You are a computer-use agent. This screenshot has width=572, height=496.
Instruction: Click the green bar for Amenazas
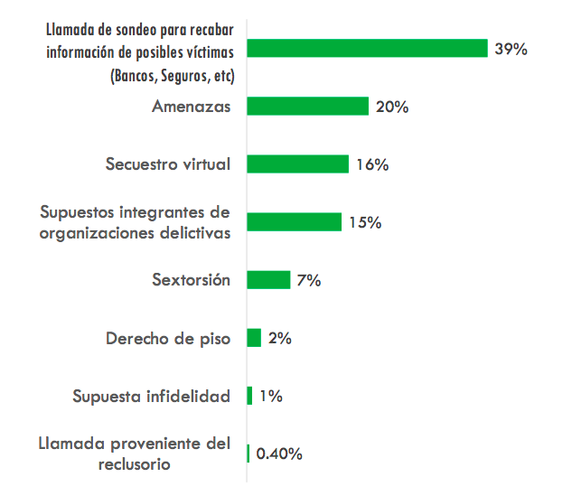click(307, 107)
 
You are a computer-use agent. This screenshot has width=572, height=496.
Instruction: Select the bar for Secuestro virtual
click(297, 164)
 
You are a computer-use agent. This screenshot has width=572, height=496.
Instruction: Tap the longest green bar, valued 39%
click(367, 49)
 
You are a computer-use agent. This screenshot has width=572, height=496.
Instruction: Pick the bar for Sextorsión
click(268, 280)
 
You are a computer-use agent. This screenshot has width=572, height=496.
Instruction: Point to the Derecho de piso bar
click(254, 338)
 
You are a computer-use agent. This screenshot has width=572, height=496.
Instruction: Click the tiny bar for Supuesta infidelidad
click(249, 396)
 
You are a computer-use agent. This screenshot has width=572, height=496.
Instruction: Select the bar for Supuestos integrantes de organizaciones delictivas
click(294, 222)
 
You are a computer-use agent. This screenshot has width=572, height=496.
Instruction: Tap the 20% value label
click(392, 107)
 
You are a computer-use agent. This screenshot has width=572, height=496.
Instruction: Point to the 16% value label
click(371, 164)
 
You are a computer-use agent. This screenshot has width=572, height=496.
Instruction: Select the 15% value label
click(364, 222)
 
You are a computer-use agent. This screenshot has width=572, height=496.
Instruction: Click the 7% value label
click(308, 280)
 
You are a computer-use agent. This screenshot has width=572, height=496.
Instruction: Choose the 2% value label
click(279, 339)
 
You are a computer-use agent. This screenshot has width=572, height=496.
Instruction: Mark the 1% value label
click(270, 397)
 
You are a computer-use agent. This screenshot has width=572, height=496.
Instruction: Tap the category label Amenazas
click(191, 107)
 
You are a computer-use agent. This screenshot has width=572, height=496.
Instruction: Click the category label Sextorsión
click(191, 280)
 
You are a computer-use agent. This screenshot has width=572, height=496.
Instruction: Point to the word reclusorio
click(135, 464)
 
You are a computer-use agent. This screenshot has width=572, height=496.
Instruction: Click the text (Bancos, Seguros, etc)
click(171, 76)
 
